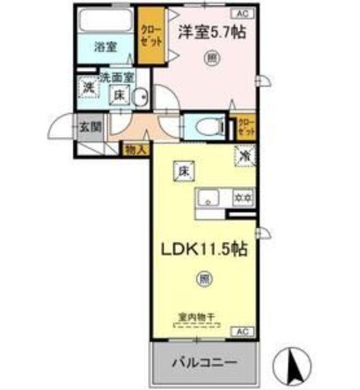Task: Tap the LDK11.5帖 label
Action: (x=203, y=249)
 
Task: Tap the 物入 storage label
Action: (x=134, y=149)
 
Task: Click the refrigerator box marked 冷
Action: (x=244, y=156)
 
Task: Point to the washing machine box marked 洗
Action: (x=87, y=88)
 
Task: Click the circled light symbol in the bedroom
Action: (x=212, y=59)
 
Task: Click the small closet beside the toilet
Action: (x=245, y=127)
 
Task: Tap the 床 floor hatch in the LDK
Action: (x=183, y=171)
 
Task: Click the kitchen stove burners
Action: (x=243, y=198)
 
